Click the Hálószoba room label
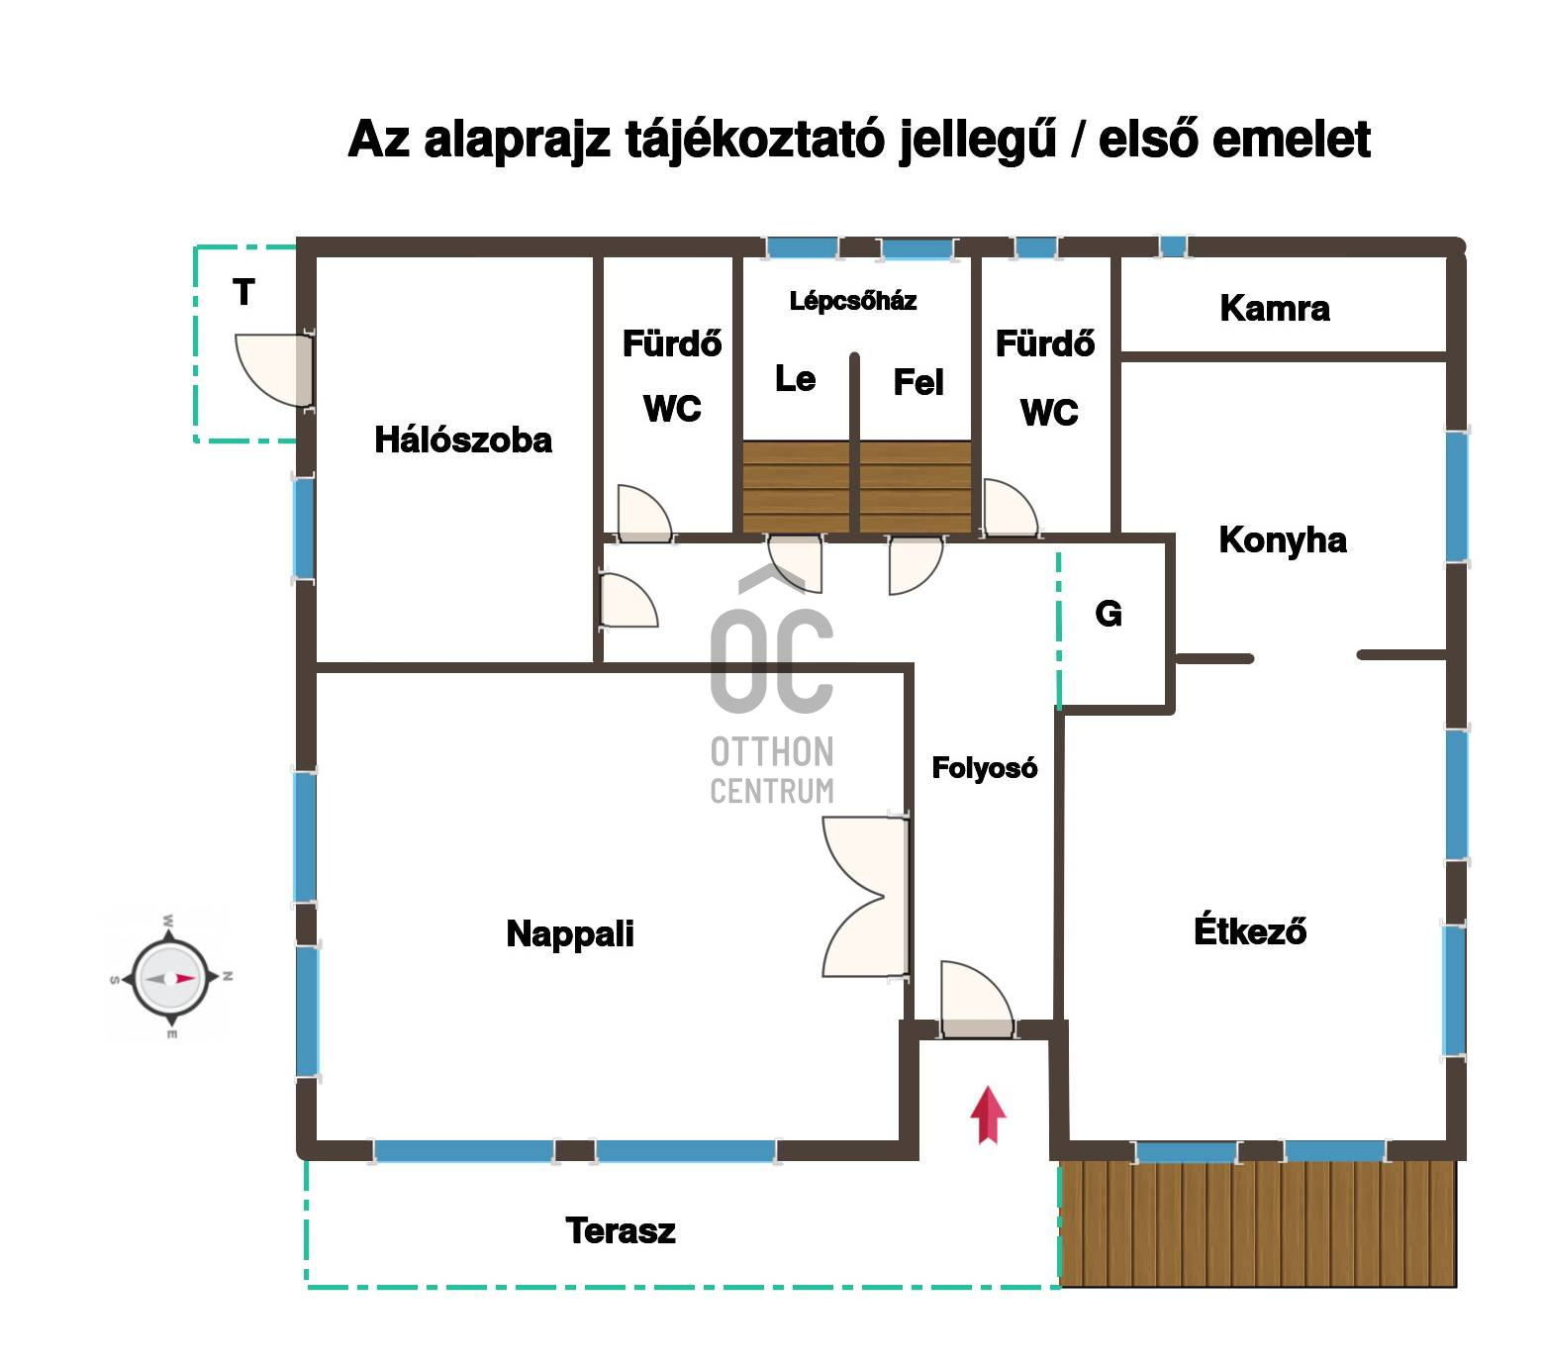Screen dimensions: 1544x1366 pos(463,440)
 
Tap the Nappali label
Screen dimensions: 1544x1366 pos(570,933)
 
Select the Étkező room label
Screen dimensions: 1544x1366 pos(1250,930)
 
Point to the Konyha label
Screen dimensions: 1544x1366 pos(1283,539)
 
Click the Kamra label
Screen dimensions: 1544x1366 pos(1275,308)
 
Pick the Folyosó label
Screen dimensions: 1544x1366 pos(985,767)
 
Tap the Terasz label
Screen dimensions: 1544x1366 pos(621,1230)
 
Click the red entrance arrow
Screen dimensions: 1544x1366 pos(987,1115)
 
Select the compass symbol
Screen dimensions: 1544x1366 pos(169,977)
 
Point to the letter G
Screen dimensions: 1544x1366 pos(1109,614)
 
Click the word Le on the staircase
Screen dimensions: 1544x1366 pos(795,378)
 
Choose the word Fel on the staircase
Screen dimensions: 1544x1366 pos(918,382)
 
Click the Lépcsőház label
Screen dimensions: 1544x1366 pos(853,301)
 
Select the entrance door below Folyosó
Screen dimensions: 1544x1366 pos(977,1000)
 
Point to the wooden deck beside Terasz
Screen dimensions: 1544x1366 pos(1258,1223)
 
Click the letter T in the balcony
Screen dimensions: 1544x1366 pos(243,292)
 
